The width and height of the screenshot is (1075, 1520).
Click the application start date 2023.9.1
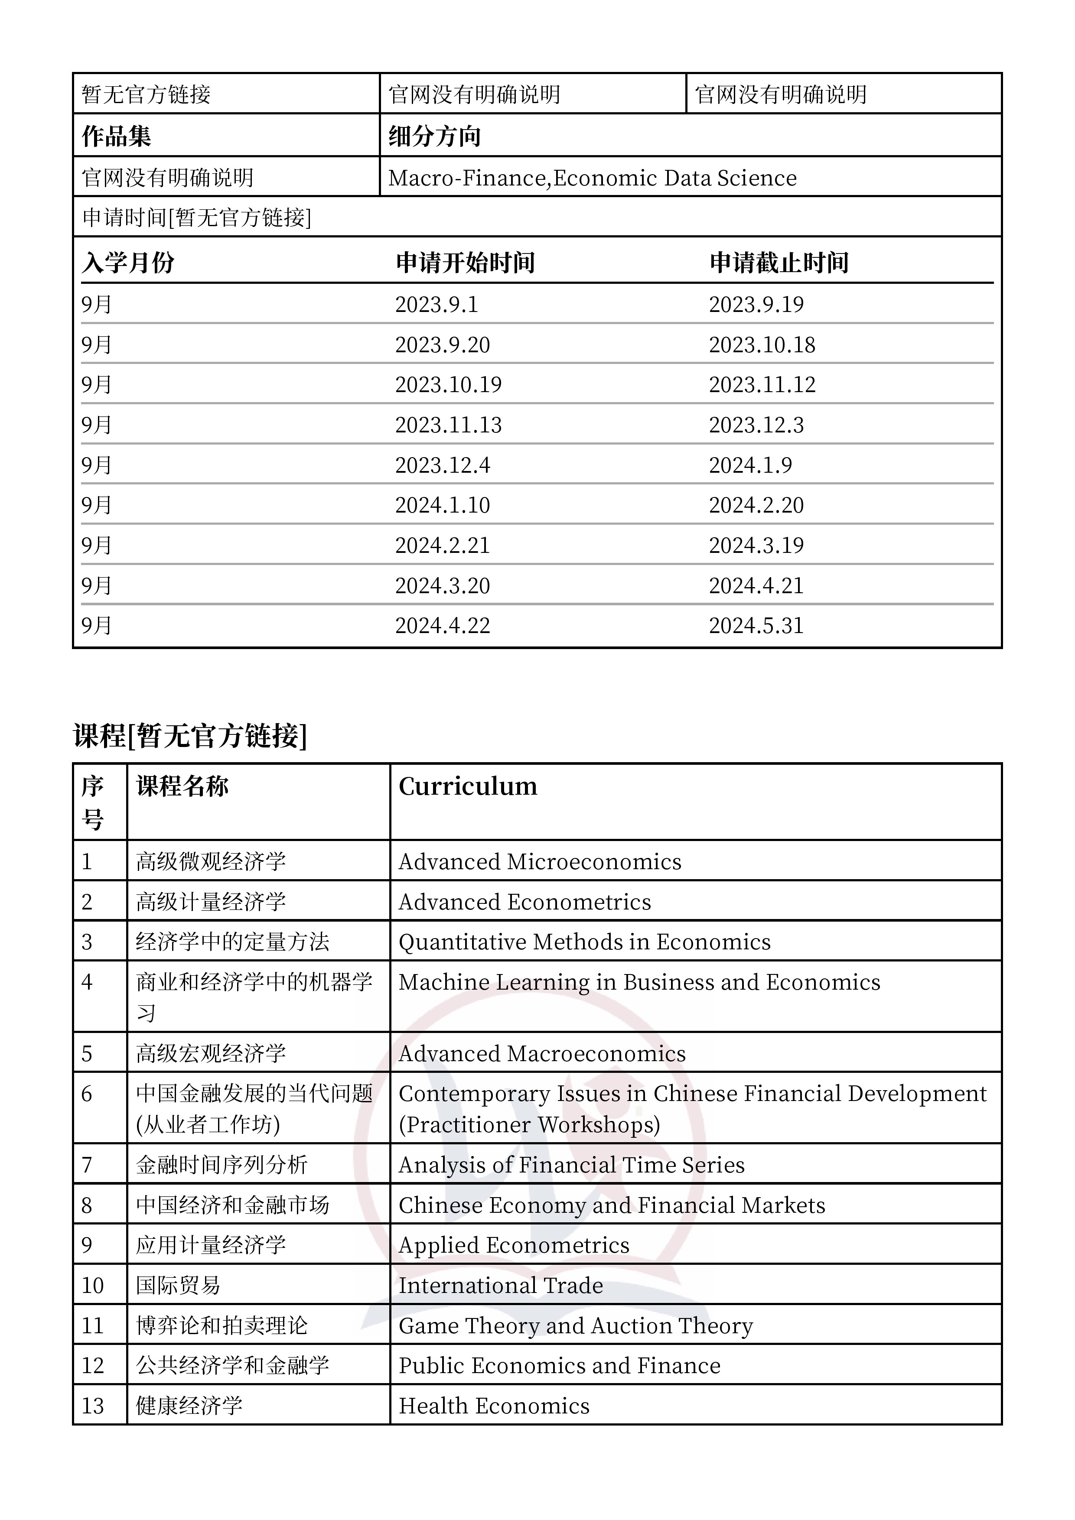[x=437, y=305]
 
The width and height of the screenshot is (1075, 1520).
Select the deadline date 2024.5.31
[x=756, y=626]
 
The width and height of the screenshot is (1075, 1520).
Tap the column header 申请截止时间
[x=779, y=263]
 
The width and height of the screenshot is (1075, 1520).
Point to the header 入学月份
[x=128, y=263]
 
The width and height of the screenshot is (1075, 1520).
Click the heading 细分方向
[x=434, y=136]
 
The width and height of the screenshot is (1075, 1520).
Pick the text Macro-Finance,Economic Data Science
[x=592, y=178]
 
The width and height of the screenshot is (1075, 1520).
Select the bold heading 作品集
[x=117, y=136]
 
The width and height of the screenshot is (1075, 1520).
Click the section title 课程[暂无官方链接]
[x=190, y=735]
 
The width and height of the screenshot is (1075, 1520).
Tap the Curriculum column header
[x=468, y=786]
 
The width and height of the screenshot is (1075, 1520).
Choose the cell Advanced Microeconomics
[x=540, y=862]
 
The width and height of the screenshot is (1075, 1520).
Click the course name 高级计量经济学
[x=211, y=902]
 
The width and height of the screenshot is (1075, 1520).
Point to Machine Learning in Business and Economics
[x=639, y=982]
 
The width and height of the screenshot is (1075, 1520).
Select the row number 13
[x=93, y=1406]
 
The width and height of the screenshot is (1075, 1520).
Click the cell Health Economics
[x=494, y=1406]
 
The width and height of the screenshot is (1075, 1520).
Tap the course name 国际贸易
[x=178, y=1286]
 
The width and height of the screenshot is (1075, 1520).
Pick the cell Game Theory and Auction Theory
[x=576, y=1325]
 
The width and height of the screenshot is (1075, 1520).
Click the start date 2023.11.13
[x=448, y=425]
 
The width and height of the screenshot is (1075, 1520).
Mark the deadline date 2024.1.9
[x=750, y=465]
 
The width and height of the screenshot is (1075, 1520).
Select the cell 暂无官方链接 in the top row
[x=147, y=94]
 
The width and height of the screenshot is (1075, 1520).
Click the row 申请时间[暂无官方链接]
[x=197, y=217]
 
